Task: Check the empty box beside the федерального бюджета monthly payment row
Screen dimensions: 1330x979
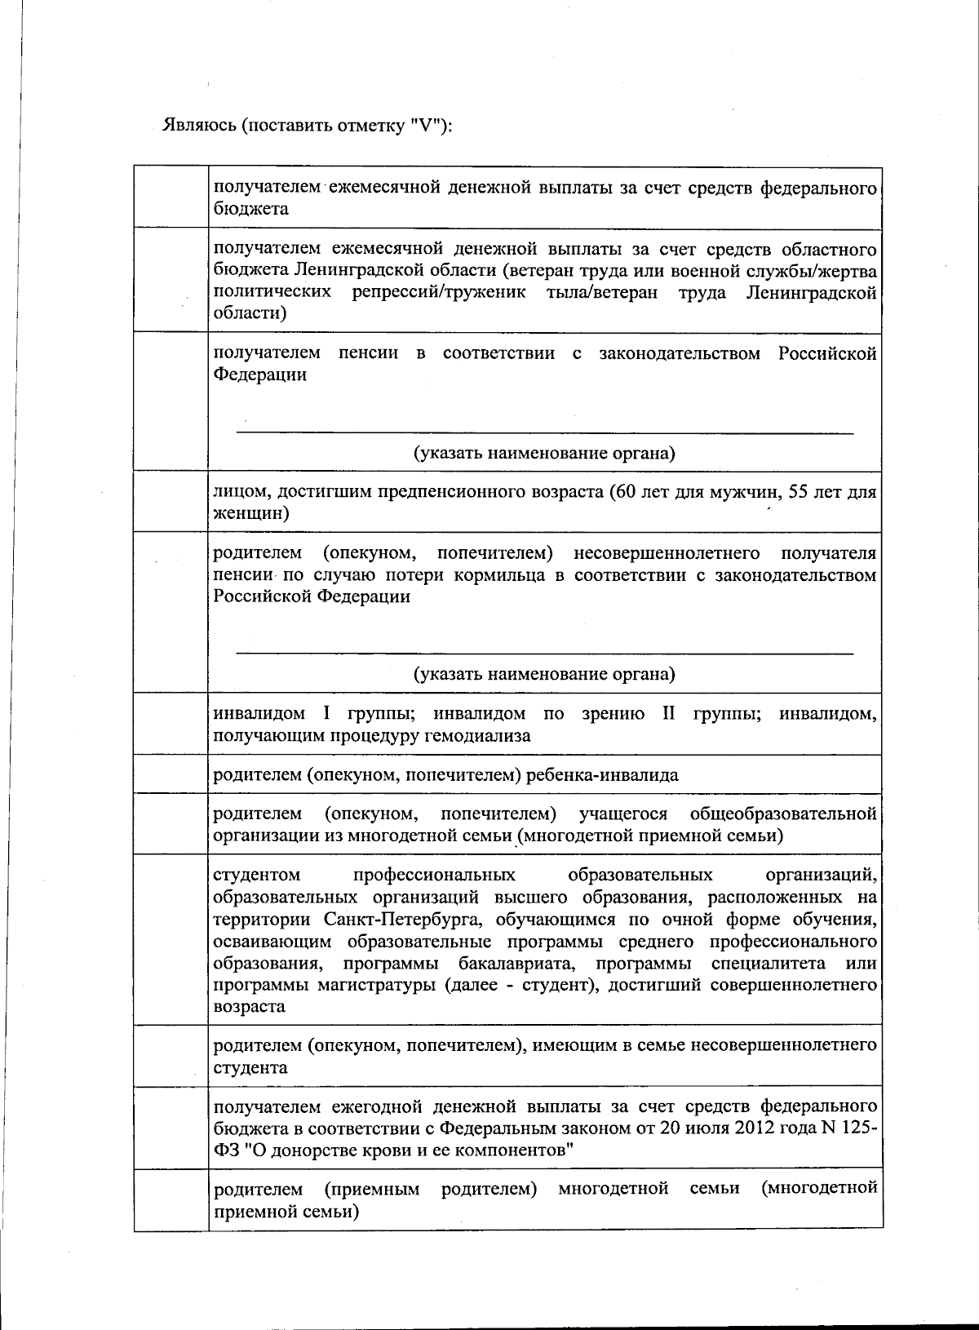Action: [171, 197]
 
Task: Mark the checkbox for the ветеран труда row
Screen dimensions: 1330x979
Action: [171, 280]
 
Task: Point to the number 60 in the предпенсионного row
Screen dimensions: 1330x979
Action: [623, 492]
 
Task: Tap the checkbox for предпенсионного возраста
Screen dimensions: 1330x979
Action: [171, 501]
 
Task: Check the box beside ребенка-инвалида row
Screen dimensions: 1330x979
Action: [171, 774]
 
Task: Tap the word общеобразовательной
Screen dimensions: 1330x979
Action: [782, 814]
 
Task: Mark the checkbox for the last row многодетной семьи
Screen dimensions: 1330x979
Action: [171, 1199]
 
